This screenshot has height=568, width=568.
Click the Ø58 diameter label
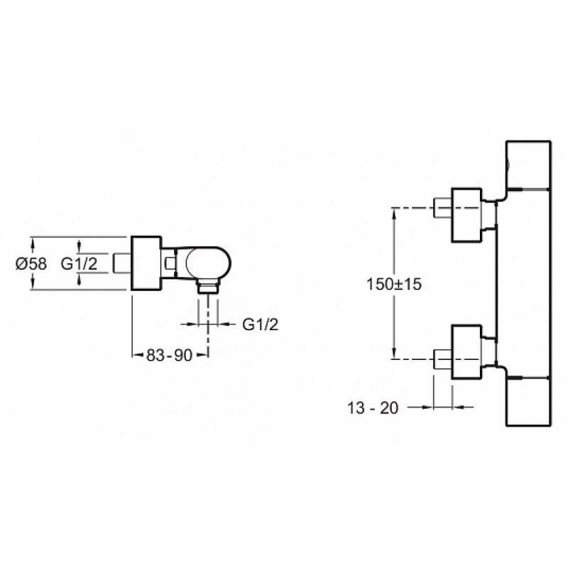pyautogui.click(x=31, y=263)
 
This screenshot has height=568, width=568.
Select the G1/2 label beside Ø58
pyautogui.click(x=79, y=263)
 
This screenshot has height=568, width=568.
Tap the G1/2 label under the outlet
pyautogui.click(x=261, y=324)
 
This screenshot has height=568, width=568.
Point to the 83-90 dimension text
pyautogui.click(x=170, y=356)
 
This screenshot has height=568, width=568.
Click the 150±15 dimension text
pyautogui.click(x=394, y=283)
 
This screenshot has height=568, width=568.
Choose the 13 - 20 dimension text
pyautogui.click(x=373, y=408)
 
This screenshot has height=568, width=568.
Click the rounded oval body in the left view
pyautogui.click(x=208, y=263)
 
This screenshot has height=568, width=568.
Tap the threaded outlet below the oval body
pyautogui.click(x=207, y=287)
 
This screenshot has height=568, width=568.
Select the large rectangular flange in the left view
pyautogui.click(x=146, y=263)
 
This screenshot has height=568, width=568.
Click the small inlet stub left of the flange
pyautogui.click(x=122, y=263)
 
